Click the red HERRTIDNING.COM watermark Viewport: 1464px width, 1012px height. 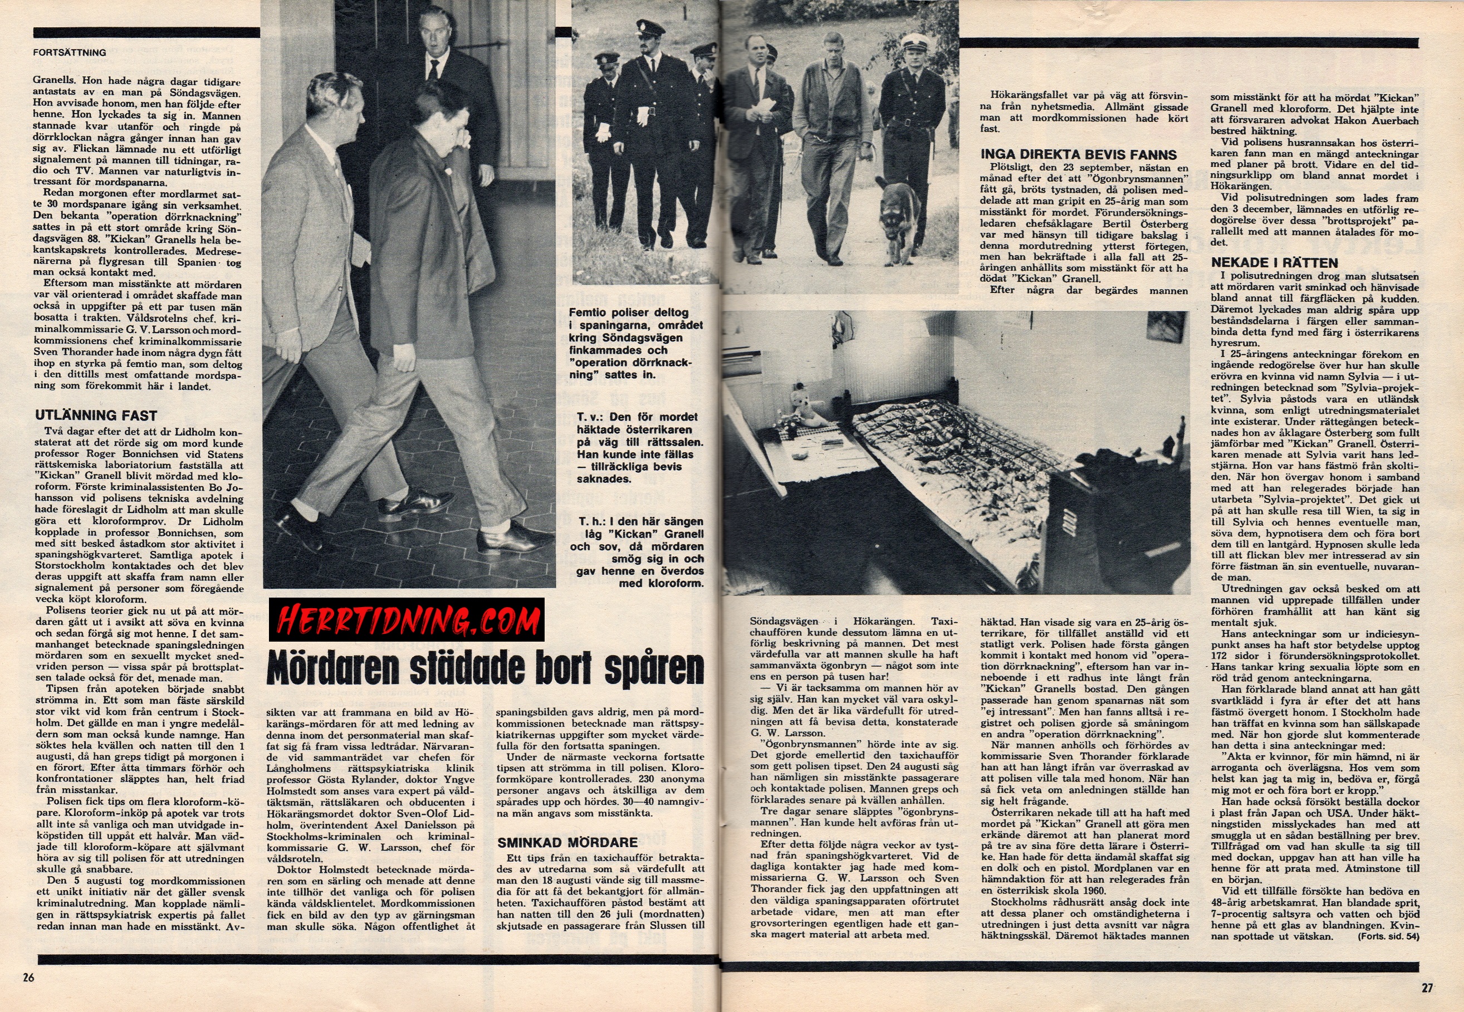[407, 619]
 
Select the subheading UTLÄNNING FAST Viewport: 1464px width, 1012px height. [96, 415]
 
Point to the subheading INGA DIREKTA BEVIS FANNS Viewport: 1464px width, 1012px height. [1078, 155]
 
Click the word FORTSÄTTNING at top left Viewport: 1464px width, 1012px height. [70, 52]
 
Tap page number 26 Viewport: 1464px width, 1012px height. [28, 977]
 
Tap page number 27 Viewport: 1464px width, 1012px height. [1427, 987]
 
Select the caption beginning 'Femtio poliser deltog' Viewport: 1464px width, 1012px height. [635, 343]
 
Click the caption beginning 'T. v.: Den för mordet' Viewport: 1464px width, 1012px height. [639, 448]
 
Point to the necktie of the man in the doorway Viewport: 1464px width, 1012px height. [434, 70]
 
